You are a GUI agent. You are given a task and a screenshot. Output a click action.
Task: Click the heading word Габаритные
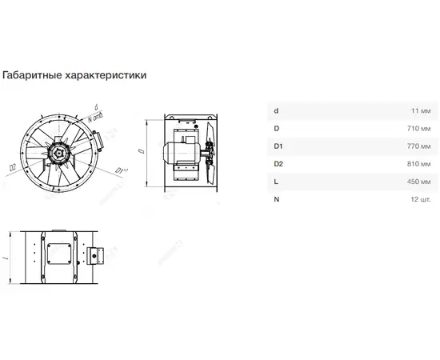pos(32,75)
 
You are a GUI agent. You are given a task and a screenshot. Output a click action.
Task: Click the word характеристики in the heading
pos(106,75)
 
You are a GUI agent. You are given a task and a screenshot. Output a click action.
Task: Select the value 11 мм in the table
pos(421,111)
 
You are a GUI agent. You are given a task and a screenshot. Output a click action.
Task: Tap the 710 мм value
pos(418,129)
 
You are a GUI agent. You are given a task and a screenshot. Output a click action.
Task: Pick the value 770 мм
pos(418,146)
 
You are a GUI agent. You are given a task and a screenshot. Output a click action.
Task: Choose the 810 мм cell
pos(418,164)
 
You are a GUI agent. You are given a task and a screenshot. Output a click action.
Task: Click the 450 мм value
pos(418,182)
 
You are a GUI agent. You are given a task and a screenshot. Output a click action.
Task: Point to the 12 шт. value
pos(420,199)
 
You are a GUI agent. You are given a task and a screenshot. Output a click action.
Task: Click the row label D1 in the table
pos(278,146)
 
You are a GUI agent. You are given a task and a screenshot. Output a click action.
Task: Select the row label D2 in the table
pos(278,164)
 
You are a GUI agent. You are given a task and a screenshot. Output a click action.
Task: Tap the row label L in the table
pos(276,182)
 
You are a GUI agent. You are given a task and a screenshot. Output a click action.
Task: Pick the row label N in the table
pos(277,199)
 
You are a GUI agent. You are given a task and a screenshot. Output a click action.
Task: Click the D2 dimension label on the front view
pos(13,167)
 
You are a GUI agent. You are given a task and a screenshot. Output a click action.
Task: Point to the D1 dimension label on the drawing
pos(122,170)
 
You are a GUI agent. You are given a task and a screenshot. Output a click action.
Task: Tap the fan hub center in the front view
pos(58,153)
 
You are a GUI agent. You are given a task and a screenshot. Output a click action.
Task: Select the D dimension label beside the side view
pos(142,151)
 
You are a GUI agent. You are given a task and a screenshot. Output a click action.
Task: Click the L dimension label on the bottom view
pos(6,258)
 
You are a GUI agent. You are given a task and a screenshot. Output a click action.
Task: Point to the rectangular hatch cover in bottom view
pos(59,254)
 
